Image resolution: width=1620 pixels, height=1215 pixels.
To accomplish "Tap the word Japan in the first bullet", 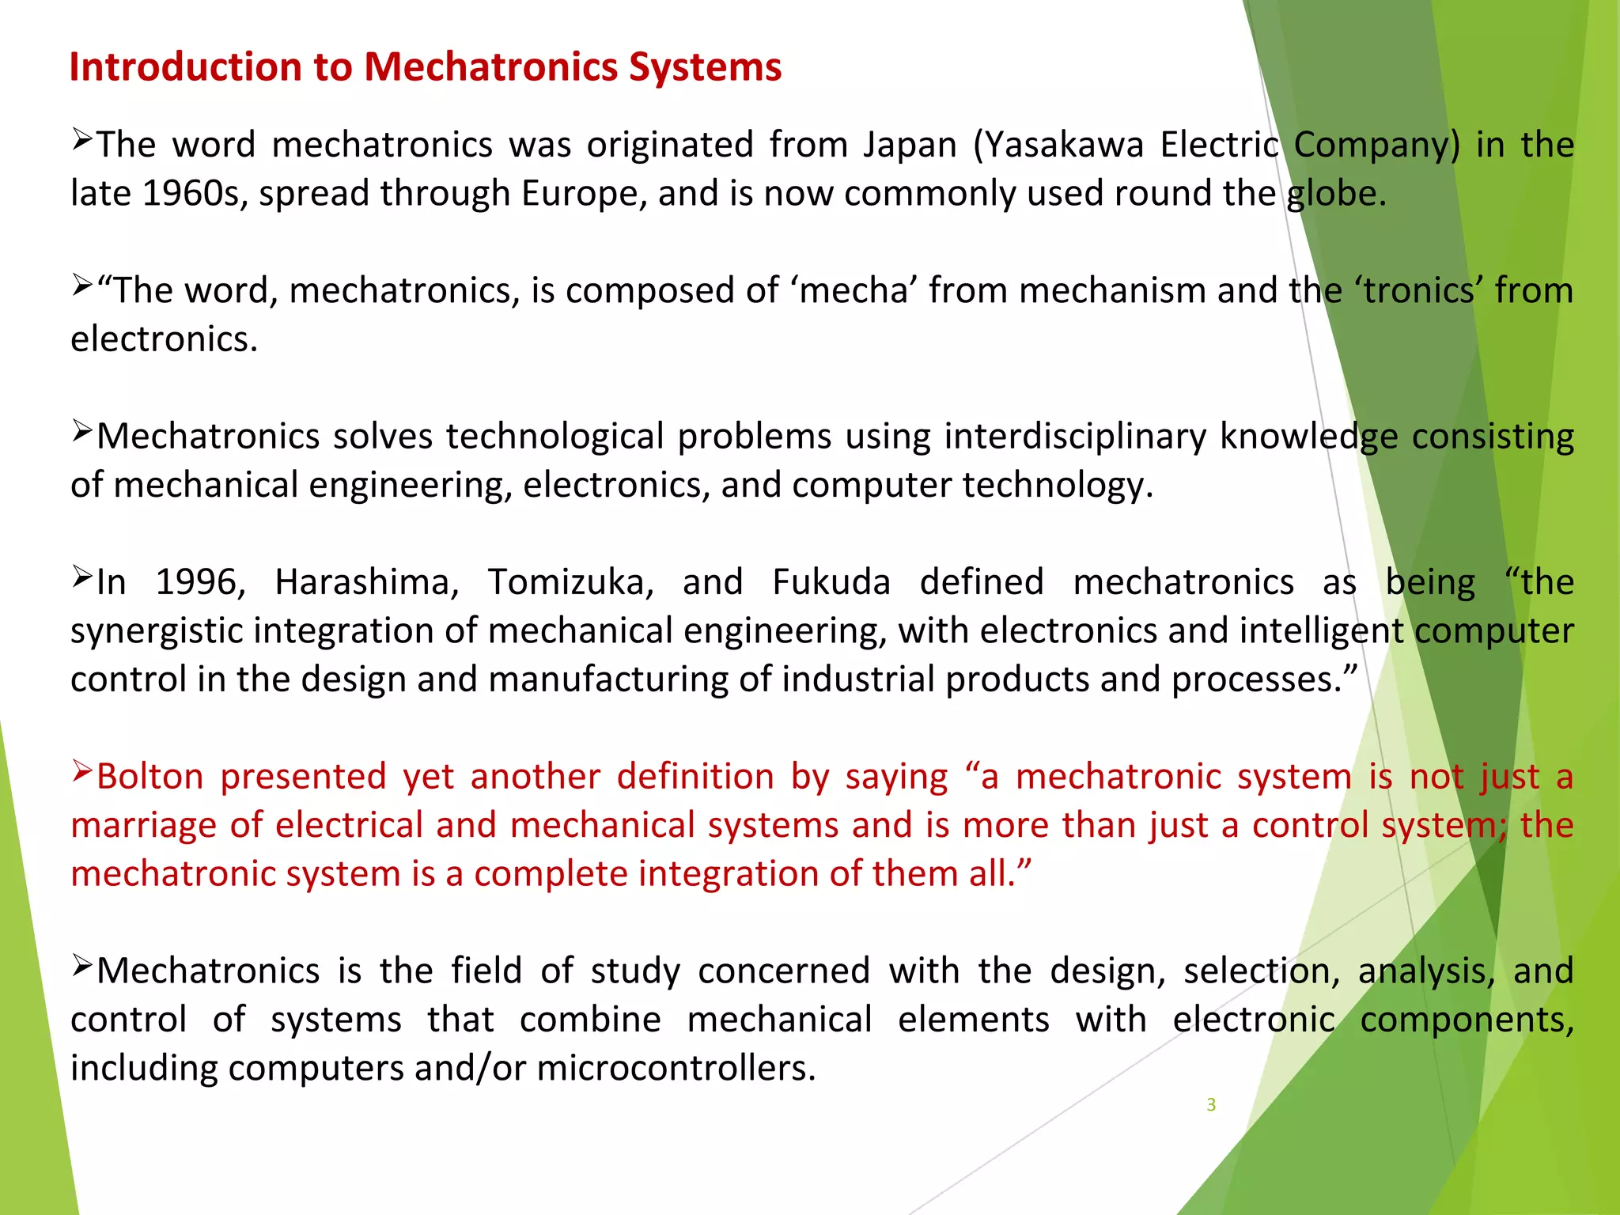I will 910,145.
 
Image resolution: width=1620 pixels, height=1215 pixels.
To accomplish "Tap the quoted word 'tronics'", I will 1417,291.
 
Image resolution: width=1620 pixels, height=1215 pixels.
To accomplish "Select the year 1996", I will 200,583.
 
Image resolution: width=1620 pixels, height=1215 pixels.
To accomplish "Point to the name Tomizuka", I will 570,583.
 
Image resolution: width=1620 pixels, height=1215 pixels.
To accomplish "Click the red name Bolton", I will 150,777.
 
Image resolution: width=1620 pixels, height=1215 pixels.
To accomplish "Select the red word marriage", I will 144,826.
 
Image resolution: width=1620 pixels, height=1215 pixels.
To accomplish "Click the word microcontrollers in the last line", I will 676,1069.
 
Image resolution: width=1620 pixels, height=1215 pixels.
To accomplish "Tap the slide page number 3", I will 1211,1105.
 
